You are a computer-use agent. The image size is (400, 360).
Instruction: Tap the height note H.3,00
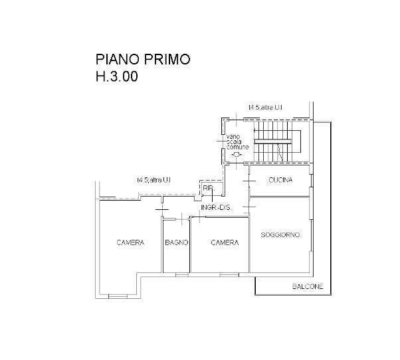116,77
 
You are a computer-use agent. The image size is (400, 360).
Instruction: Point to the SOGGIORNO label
280,234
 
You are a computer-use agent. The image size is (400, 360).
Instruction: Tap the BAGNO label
177,243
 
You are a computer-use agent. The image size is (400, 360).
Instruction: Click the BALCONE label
308,287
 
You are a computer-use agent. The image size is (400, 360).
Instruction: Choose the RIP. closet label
209,189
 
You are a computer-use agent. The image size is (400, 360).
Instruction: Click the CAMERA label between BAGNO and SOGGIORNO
225,243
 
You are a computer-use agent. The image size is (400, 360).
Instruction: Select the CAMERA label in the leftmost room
130,243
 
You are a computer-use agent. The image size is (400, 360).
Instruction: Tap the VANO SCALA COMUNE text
237,143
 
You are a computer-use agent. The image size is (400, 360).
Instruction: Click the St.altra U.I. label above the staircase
266,107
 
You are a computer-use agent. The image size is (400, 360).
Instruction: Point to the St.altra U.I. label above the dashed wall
155,180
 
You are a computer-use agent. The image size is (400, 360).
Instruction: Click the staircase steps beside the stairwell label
272,139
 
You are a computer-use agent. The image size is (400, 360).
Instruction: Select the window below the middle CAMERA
229,274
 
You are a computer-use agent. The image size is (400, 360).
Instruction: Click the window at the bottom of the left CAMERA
116,297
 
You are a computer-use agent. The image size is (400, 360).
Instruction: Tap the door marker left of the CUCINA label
249,181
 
